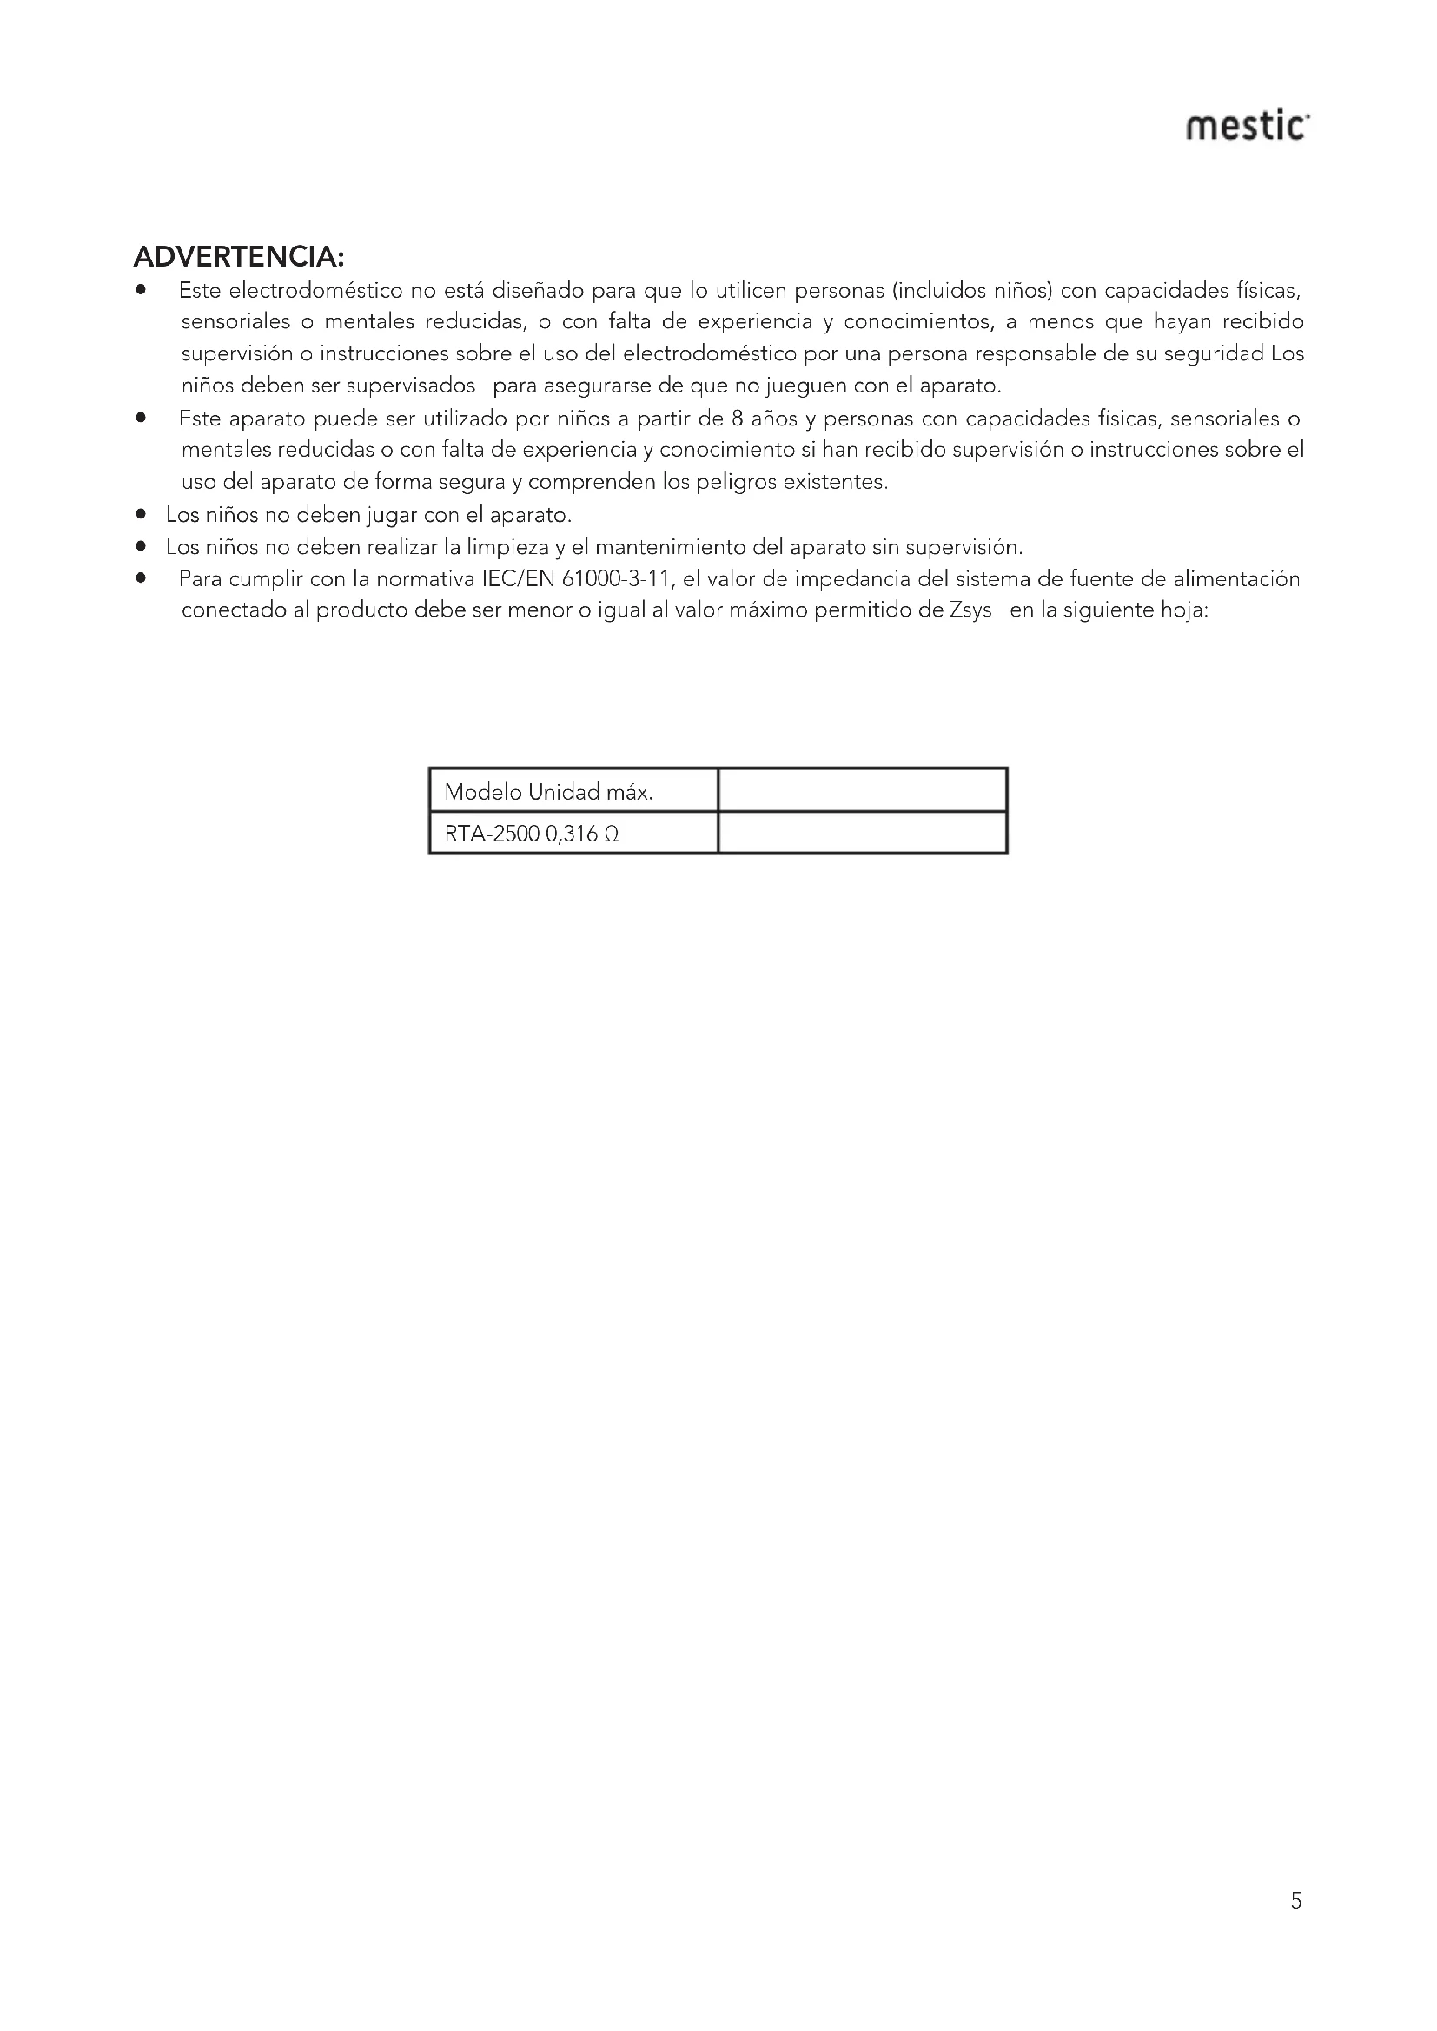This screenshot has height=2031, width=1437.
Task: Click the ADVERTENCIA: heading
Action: (238, 257)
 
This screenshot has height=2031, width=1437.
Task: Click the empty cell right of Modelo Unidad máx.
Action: (862, 791)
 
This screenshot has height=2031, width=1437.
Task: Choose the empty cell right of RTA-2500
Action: (862, 834)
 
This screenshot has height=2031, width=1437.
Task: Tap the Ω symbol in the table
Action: (611, 834)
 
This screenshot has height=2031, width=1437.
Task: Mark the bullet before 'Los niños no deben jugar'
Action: (141, 514)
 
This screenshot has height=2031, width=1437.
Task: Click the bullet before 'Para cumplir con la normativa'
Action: (141, 578)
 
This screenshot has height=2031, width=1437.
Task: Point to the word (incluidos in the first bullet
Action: (937, 290)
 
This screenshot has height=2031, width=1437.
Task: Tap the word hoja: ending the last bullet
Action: (1183, 611)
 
